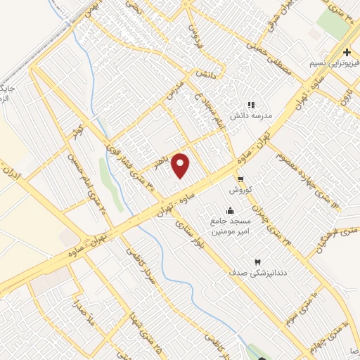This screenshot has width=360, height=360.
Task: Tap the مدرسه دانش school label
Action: point(251,117)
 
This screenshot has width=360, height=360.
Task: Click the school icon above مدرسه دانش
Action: point(251,105)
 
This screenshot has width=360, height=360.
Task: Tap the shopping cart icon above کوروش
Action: point(240,179)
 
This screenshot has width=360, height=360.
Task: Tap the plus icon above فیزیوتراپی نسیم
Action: point(346,53)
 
